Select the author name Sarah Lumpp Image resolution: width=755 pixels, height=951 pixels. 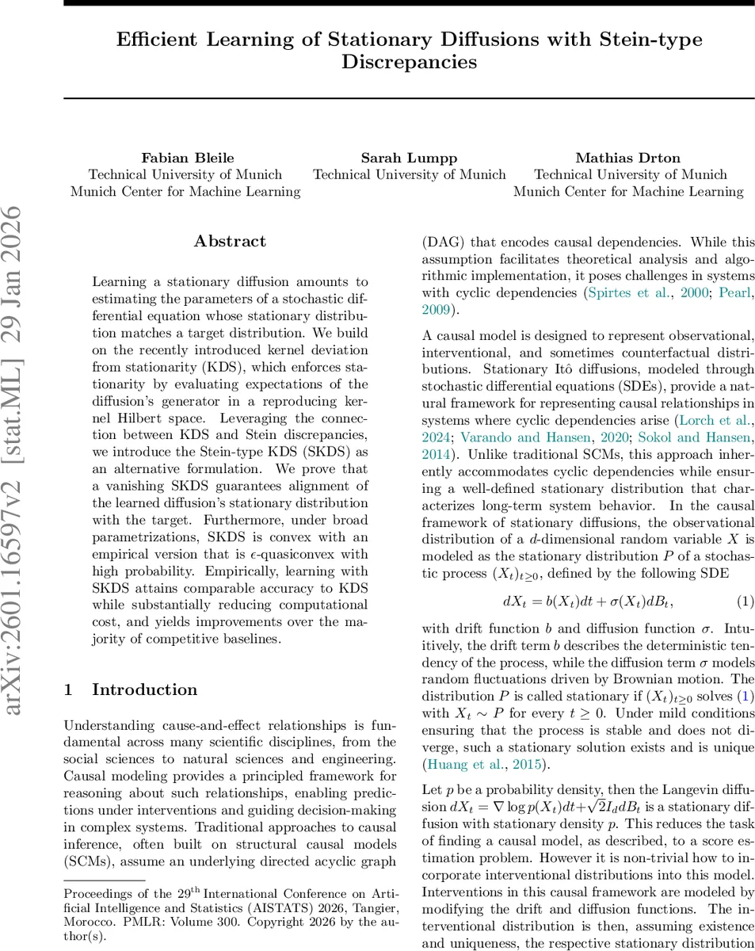tap(409, 157)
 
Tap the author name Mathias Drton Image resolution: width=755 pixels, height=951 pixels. tap(627, 157)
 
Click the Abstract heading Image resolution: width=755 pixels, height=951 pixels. tap(230, 241)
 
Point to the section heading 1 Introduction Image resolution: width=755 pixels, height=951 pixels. tap(131, 689)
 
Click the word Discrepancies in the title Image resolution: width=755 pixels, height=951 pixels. tap(409, 61)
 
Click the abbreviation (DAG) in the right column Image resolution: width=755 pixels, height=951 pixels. tap(443, 242)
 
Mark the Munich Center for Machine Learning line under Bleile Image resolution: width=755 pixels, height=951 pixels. tap(185, 191)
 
